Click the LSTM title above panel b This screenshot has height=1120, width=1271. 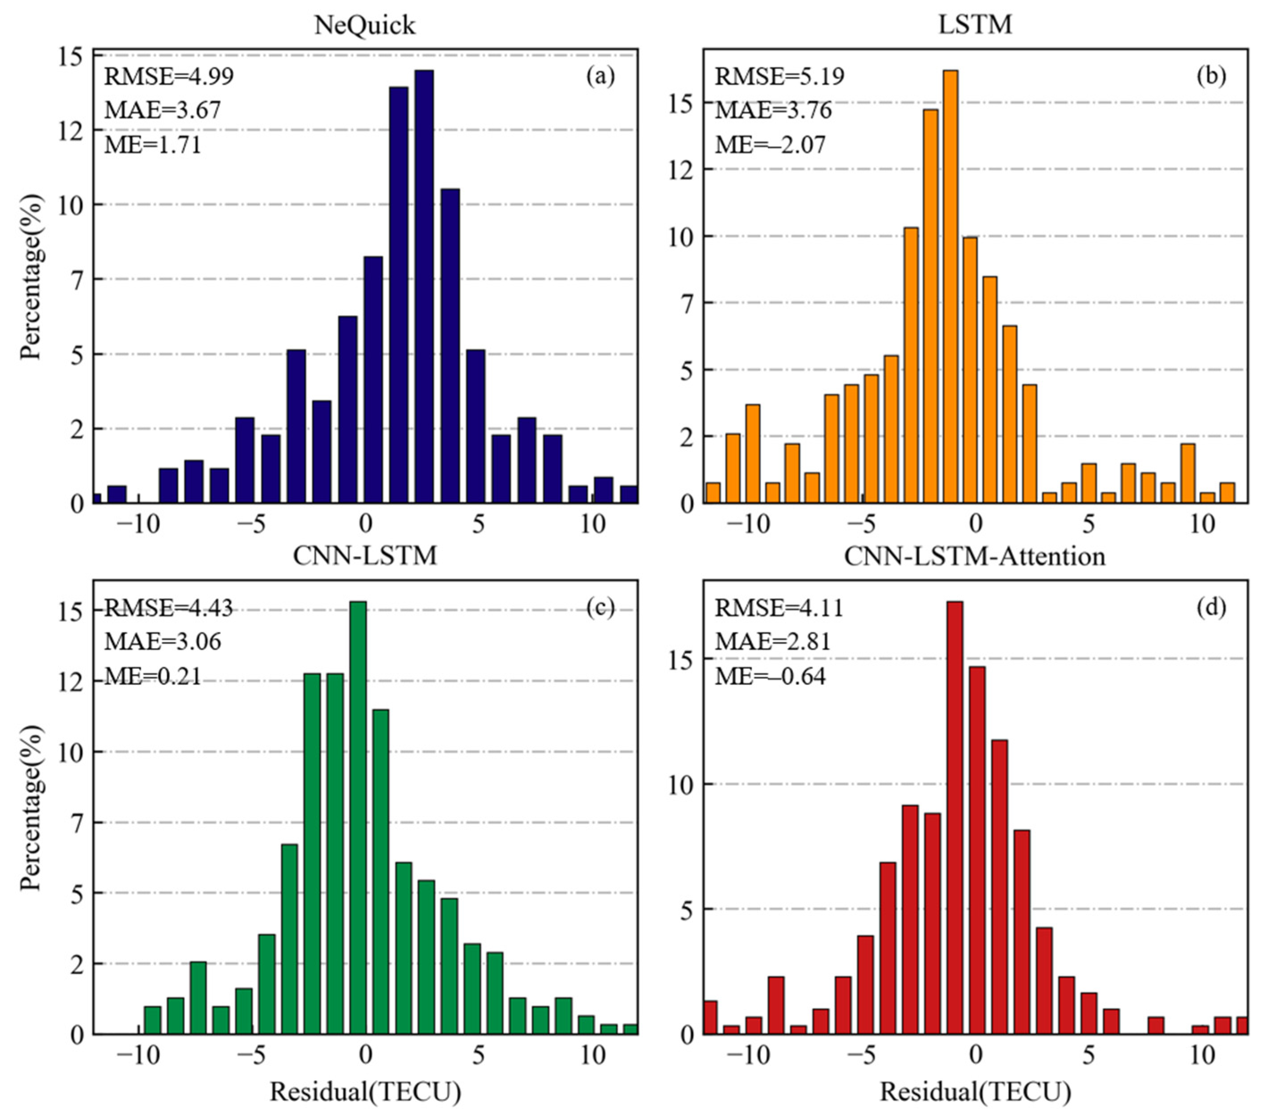coord(975,25)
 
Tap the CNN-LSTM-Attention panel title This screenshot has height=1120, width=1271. coord(975,556)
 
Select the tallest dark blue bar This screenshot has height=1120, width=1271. coord(424,286)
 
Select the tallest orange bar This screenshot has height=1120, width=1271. coord(950,286)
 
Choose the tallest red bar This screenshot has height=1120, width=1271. coord(954,817)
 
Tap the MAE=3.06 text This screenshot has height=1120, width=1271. coord(163,641)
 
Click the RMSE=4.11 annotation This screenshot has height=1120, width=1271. coord(779,608)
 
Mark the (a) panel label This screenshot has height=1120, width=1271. coord(600,76)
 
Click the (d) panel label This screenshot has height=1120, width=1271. coord(1211,607)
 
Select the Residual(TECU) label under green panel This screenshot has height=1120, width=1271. coord(365,1091)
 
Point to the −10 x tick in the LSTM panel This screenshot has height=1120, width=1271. coord(748,524)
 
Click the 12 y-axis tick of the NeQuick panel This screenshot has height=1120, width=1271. coord(70,131)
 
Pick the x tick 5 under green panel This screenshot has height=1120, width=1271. coord(478,1055)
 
